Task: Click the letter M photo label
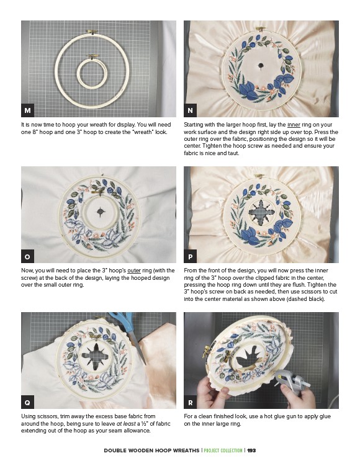click(27, 110)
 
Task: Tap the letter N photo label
click(191, 110)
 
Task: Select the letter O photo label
click(27, 256)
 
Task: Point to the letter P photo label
click(191, 256)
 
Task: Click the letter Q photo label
click(27, 402)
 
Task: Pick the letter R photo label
click(191, 402)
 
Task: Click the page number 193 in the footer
click(251, 450)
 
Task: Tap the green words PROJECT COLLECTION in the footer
click(223, 450)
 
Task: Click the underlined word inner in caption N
click(294, 125)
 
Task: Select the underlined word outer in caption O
click(134, 271)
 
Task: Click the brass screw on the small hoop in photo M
click(92, 56)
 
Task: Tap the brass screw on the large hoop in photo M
click(92, 32)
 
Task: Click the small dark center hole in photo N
click(261, 65)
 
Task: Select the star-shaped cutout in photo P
click(261, 212)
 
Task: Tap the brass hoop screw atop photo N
click(261, 29)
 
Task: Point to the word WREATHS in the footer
click(186, 450)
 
